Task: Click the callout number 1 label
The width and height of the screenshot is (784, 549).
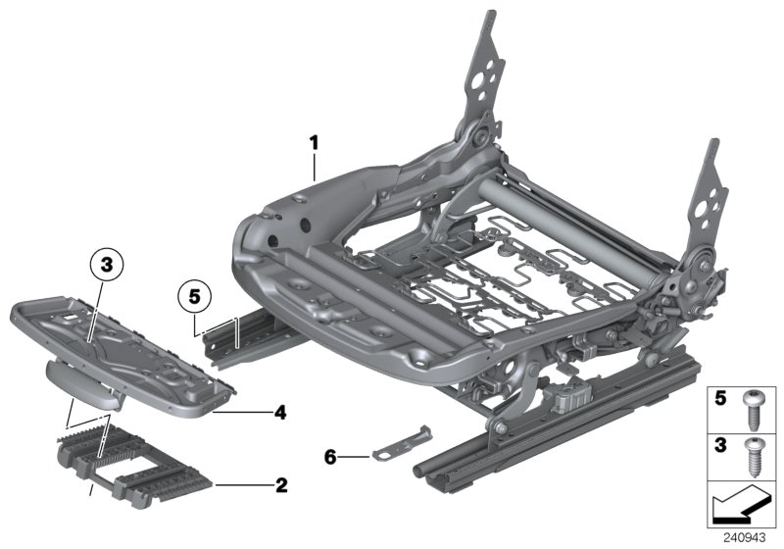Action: [x=314, y=143]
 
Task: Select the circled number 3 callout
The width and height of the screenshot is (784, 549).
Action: [x=107, y=264]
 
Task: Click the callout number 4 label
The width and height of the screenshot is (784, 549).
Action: [x=280, y=414]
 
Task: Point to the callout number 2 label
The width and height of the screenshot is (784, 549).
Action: [x=280, y=484]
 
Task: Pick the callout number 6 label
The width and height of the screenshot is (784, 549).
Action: [x=331, y=456]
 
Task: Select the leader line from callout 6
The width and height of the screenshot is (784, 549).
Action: [x=355, y=456]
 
